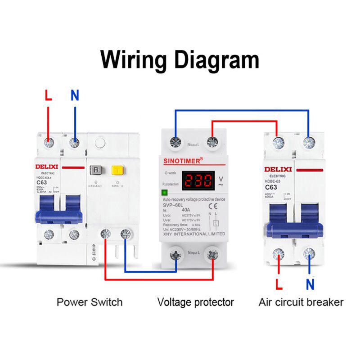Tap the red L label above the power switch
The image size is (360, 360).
(x=48, y=95)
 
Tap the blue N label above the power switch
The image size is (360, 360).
(x=75, y=95)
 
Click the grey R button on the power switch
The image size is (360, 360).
(x=96, y=170)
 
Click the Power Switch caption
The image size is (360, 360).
(x=90, y=301)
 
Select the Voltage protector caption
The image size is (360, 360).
(x=195, y=301)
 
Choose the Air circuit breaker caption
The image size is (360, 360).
(x=301, y=301)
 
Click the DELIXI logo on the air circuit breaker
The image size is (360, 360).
(x=279, y=169)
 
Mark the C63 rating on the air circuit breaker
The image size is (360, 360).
(x=270, y=187)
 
